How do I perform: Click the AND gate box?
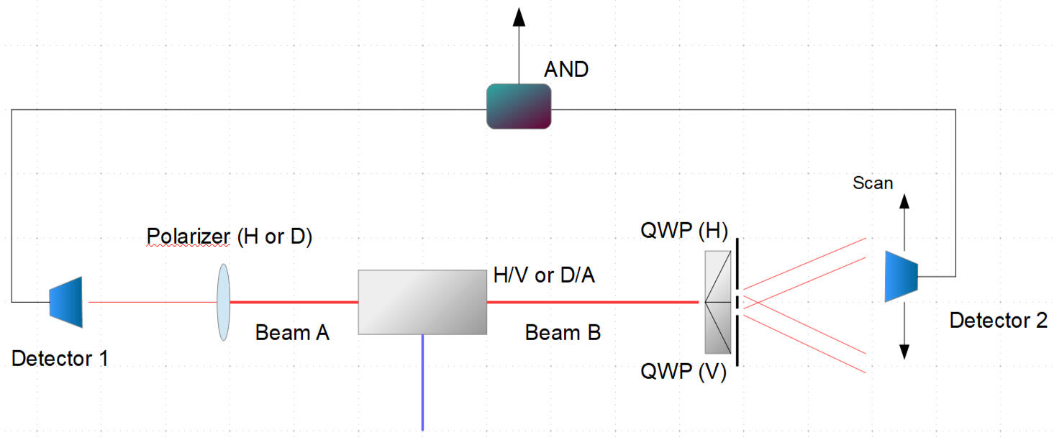(x=519, y=106)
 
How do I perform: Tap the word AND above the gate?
(x=566, y=70)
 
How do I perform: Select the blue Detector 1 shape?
(x=67, y=302)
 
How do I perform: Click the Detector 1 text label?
(x=60, y=358)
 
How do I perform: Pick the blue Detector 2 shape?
(x=901, y=275)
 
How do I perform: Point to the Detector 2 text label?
(x=998, y=321)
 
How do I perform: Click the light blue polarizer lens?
(x=223, y=302)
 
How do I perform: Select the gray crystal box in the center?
(x=422, y=302)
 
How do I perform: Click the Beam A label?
(x=292, y=333)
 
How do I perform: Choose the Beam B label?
(x=563, y=333)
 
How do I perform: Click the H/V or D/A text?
(x=544, y=275)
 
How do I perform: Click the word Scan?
(x=873, y=183)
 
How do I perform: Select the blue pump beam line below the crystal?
(x=422, y=381)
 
